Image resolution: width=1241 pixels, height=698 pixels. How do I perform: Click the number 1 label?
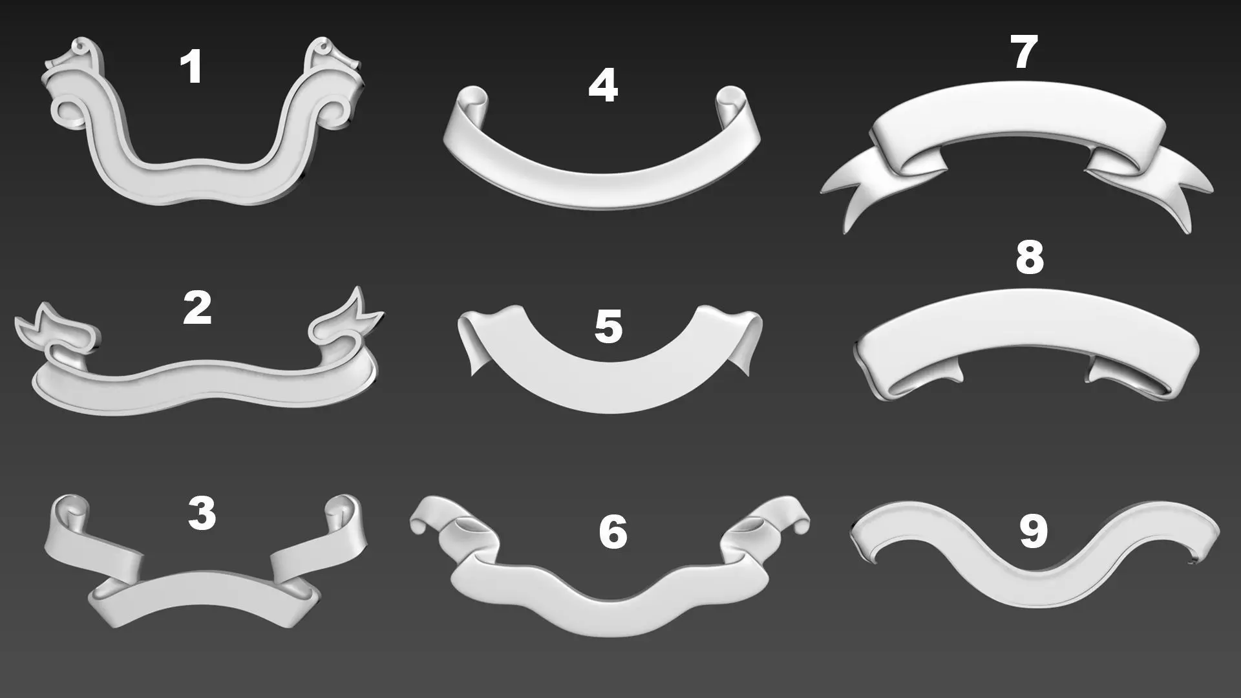[191, 68]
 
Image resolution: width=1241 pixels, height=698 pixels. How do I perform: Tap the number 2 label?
[197, 308]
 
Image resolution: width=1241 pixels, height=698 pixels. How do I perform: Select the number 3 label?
[201, 514]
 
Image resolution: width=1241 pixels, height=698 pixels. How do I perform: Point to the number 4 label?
[602, 87]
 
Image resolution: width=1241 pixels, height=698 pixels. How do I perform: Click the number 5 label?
[608, 326]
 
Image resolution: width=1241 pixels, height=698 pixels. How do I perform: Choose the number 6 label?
[613, 533]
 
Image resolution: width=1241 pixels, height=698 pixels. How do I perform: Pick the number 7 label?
[1023, 52]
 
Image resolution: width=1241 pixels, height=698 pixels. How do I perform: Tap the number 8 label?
[1029, 257]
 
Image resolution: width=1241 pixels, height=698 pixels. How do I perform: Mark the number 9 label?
[1032, 532]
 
